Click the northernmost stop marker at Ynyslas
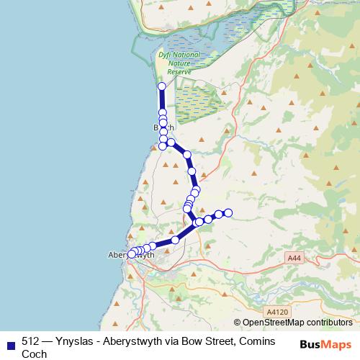coord(162,86)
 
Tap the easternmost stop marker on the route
coord(228,212)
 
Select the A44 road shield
coord(293,258)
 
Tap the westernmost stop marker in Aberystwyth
coord(132,254)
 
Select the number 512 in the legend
coord(30,341)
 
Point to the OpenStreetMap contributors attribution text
coord(297,323)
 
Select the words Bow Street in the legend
coord(204,341)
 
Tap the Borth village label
coord(163,127)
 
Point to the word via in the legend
coord(174,341)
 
